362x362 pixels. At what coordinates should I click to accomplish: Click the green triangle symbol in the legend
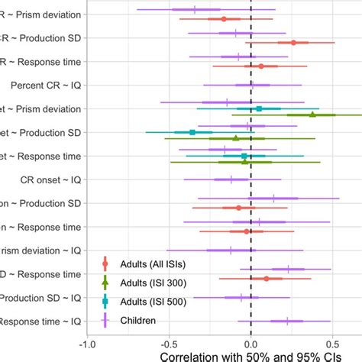(x=105, y=283)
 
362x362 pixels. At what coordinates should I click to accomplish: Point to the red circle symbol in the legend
(x=105, y=264)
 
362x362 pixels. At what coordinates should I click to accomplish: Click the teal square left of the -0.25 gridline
(x=192, y=132)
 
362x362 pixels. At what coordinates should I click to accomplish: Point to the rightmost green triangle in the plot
(x=312, y=115)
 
